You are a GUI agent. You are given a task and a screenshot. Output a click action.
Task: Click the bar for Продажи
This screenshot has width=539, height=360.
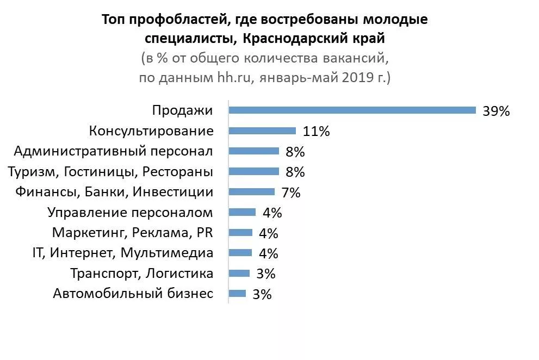[x=352, y=110]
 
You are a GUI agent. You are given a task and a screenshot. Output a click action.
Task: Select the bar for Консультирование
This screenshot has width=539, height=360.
[x=262, y=131]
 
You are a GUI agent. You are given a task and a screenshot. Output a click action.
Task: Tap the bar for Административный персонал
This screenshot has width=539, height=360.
[x=253, y=151]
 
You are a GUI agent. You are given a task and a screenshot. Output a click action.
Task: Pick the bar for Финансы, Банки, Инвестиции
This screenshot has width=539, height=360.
[x=251, y=191]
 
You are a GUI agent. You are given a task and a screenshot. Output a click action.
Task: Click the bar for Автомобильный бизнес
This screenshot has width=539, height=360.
[x=237, y=294]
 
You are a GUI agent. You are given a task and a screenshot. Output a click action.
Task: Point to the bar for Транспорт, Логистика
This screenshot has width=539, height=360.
[x=239, y=273]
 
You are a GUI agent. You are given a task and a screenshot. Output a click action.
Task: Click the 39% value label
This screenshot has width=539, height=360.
[x=496, y=111]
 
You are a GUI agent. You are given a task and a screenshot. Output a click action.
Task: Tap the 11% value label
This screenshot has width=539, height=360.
[x=317, y=131]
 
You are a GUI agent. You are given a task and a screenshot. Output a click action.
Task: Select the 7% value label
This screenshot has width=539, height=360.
[x=290, y=192]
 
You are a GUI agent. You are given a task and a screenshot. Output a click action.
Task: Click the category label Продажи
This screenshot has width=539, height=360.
[x=182, y=110]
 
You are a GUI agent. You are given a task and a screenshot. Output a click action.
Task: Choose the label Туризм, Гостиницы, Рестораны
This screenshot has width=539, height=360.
[x=110, y=172]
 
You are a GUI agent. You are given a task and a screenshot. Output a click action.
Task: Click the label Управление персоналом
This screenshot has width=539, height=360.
[x=130, y=212]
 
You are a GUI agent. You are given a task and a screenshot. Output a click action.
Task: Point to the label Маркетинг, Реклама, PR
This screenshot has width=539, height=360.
[x=132, y=233]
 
